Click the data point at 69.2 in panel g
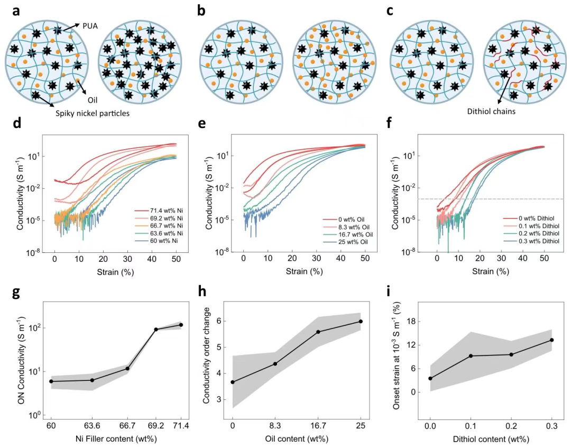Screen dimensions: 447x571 point(156,330)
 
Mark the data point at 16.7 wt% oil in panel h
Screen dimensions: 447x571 point(318,332)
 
